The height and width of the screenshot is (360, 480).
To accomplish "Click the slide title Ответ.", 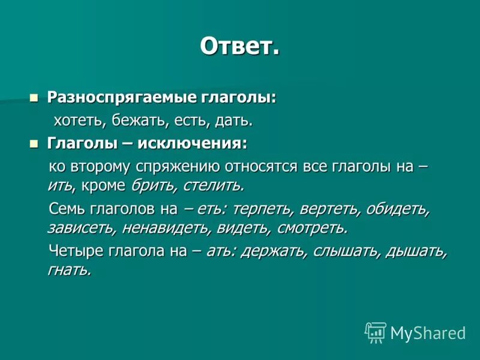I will tap(239, 46).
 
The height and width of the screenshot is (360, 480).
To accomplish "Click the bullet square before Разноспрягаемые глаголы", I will tap(34, 97).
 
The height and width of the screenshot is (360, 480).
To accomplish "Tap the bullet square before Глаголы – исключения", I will tap(34, 143).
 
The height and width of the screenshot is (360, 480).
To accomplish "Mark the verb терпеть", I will tap(259, 209).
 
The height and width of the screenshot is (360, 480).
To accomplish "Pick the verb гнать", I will tap(69, 270).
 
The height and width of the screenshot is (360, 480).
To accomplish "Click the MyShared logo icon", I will tap(376, 332).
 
